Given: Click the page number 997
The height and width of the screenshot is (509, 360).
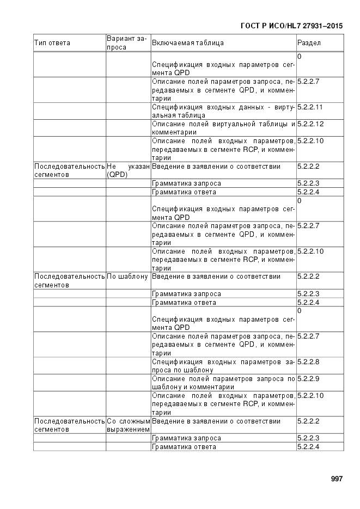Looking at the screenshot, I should tap(337, 479).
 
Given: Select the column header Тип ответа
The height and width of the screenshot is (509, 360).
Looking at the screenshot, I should tap(52, 43).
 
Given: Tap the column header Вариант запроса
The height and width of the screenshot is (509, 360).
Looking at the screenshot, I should tap(127, 43).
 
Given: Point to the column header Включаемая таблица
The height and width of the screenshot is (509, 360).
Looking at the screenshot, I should tap(188, 43).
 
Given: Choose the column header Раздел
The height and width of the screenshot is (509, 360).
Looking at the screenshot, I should tap(309, 43).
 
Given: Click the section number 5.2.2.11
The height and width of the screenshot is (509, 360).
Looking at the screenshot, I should tap(310, 107).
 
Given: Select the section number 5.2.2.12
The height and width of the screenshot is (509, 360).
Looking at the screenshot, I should tap(310, 124).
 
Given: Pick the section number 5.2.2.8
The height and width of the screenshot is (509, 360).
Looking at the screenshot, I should tap(309, 362).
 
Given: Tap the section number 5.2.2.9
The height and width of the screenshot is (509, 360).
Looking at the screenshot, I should tap(309, 379).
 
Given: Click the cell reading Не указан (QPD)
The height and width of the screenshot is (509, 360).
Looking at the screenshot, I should tap(128, 170).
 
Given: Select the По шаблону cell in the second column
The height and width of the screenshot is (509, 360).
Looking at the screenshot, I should tap(127, 277).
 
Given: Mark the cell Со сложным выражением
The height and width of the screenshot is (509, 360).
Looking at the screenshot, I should tap(128, 425).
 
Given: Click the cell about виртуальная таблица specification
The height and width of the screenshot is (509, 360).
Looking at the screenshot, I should tap(223, 111).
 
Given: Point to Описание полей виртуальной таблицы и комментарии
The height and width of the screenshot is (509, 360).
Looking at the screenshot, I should tap(223, 128).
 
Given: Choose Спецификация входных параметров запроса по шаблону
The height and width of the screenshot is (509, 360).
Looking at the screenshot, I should tap(223, 366).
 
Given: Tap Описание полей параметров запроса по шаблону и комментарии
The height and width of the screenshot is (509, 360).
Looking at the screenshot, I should tap(223, 383).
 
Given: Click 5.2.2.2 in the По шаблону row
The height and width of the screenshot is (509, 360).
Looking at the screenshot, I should tap(309, 277).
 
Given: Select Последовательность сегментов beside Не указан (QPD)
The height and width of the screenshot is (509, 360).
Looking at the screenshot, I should tap(69, 170).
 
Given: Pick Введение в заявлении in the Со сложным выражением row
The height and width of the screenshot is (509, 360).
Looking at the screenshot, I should tap(216, 421).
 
